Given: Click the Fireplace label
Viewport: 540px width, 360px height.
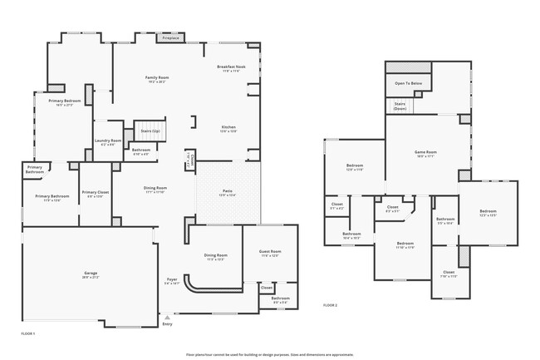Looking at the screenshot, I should [170, 38].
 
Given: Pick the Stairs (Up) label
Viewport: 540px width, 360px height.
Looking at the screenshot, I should [150, 131].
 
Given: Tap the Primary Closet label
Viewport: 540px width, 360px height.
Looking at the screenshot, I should [95, 194].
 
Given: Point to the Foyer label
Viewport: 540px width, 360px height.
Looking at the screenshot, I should [172, 281].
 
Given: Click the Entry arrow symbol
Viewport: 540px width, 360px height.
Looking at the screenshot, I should [168, 318].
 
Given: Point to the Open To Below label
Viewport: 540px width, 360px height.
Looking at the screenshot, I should [408, 84].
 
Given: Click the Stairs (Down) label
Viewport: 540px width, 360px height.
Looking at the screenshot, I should [400, 106].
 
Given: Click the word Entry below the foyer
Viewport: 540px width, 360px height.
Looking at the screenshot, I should [168, 324].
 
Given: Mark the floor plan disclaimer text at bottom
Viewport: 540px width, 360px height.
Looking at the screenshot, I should [270, 353].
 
